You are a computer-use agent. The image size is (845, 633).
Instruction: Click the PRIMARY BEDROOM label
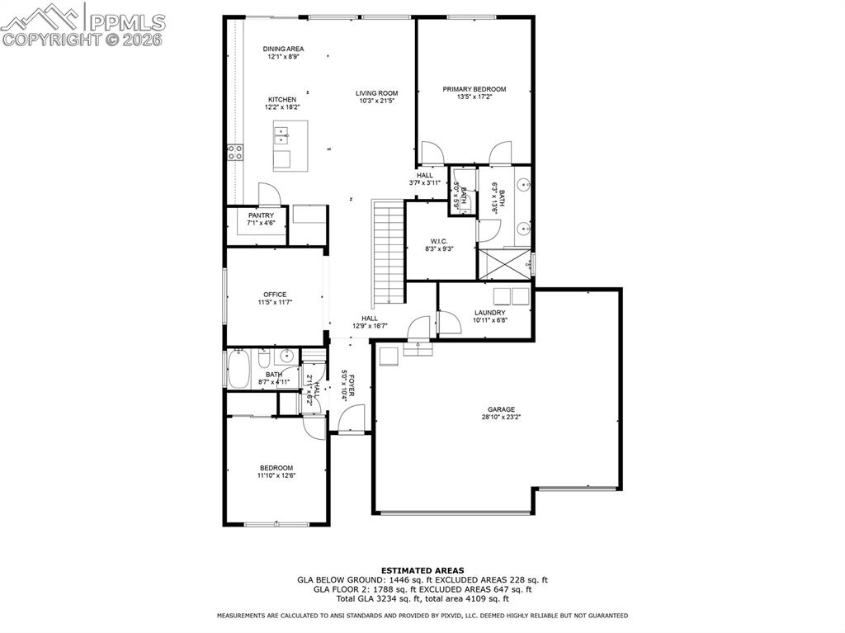pyautogui.click(x=474, y=89)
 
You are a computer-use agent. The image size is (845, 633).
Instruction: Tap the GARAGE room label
pyautogui.click(x=501, y=409)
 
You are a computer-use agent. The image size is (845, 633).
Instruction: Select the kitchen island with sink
pyautogui.click(x=290, y=145)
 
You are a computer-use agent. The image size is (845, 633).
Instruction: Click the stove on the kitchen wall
pyautogui.click(x=235, y=152)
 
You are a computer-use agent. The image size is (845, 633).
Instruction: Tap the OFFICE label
pyautogui.click(x=275, y=295)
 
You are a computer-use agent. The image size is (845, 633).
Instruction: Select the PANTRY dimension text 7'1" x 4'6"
pyautogui.click(x=261, y=224)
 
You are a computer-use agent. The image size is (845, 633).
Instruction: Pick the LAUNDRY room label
pyautogui.click(x=489, y=313)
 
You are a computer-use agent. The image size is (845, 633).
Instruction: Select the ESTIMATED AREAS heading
pyautogui.click(x=422, y=570)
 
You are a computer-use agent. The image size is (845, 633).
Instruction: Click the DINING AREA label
pyautogui.click(x=284, y=49)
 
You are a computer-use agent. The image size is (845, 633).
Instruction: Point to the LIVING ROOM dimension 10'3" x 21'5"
pyautogui.click(x=377, y=102)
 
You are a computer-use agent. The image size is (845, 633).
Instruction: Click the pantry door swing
pyautogui.click(x=268, y=194)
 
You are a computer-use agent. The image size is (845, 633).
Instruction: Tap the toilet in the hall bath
pyautogui.click(x=263, y=359)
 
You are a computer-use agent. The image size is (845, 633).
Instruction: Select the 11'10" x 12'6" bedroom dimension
pyautogui.click(x=276, y=475)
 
